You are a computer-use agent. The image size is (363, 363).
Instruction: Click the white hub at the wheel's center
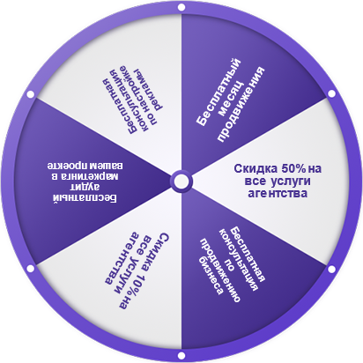[x=181, y=181]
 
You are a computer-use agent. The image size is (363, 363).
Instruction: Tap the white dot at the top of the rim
[x=181, y=7]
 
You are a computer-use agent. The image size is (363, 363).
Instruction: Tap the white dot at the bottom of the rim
[x=181, y=356]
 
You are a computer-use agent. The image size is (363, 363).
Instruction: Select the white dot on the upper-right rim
[x=331, y=93]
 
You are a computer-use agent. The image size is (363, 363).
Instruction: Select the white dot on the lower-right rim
[x=331, y=269]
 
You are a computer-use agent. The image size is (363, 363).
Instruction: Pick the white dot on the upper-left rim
[x=31, y=94]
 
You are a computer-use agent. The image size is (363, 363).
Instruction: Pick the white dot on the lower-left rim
[x=31, y=269]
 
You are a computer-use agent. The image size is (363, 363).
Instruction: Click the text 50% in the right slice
[x=293, y=168]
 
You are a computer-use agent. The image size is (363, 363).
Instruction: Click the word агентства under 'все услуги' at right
[x=278, y=194]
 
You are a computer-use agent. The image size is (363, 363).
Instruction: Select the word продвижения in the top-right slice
[x=241, y=104]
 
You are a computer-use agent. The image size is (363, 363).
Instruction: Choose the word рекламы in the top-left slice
[x=149, y=90]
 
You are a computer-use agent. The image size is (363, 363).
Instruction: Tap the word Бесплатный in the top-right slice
[x=219, y=93]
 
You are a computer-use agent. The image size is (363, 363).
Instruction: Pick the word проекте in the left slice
[x=64, y=167]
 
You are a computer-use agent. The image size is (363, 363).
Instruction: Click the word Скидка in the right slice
[x=256, y=169]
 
